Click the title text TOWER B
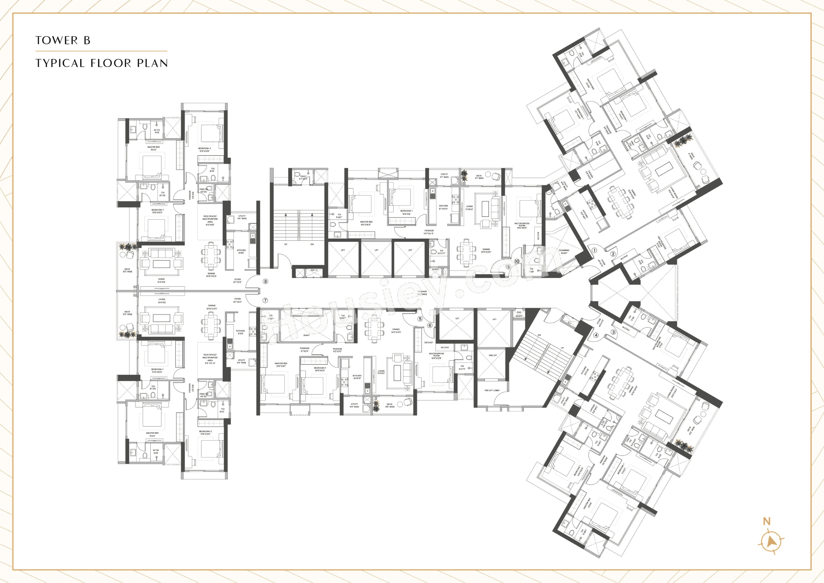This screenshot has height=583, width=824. (x=63, y=40)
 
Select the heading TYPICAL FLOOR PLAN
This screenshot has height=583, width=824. (x=102, y=63)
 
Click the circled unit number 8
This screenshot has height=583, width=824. (x=265, y=281)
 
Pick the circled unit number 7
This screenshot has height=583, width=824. (x=265, y=301)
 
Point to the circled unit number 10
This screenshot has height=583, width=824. (x=517, y=261)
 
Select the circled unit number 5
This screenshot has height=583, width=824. (x=420, y=319)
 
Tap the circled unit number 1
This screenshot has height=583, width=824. (x=594, y=251)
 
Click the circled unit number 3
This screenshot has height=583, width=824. (x=613, y=332)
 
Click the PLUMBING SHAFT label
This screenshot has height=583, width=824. (x=564, y=252)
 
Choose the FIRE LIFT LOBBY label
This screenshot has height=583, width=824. (x=492, y=390)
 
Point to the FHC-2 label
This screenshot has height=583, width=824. (x=314, y=270)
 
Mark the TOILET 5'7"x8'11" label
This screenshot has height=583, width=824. (x=304, y=177)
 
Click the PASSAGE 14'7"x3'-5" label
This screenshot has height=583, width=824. (x=429, y=232)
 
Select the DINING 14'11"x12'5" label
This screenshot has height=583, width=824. (x=396, y=331)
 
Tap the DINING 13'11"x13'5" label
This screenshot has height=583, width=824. (x=486, y=250)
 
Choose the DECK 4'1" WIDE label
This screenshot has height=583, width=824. (x=479, y=177)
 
